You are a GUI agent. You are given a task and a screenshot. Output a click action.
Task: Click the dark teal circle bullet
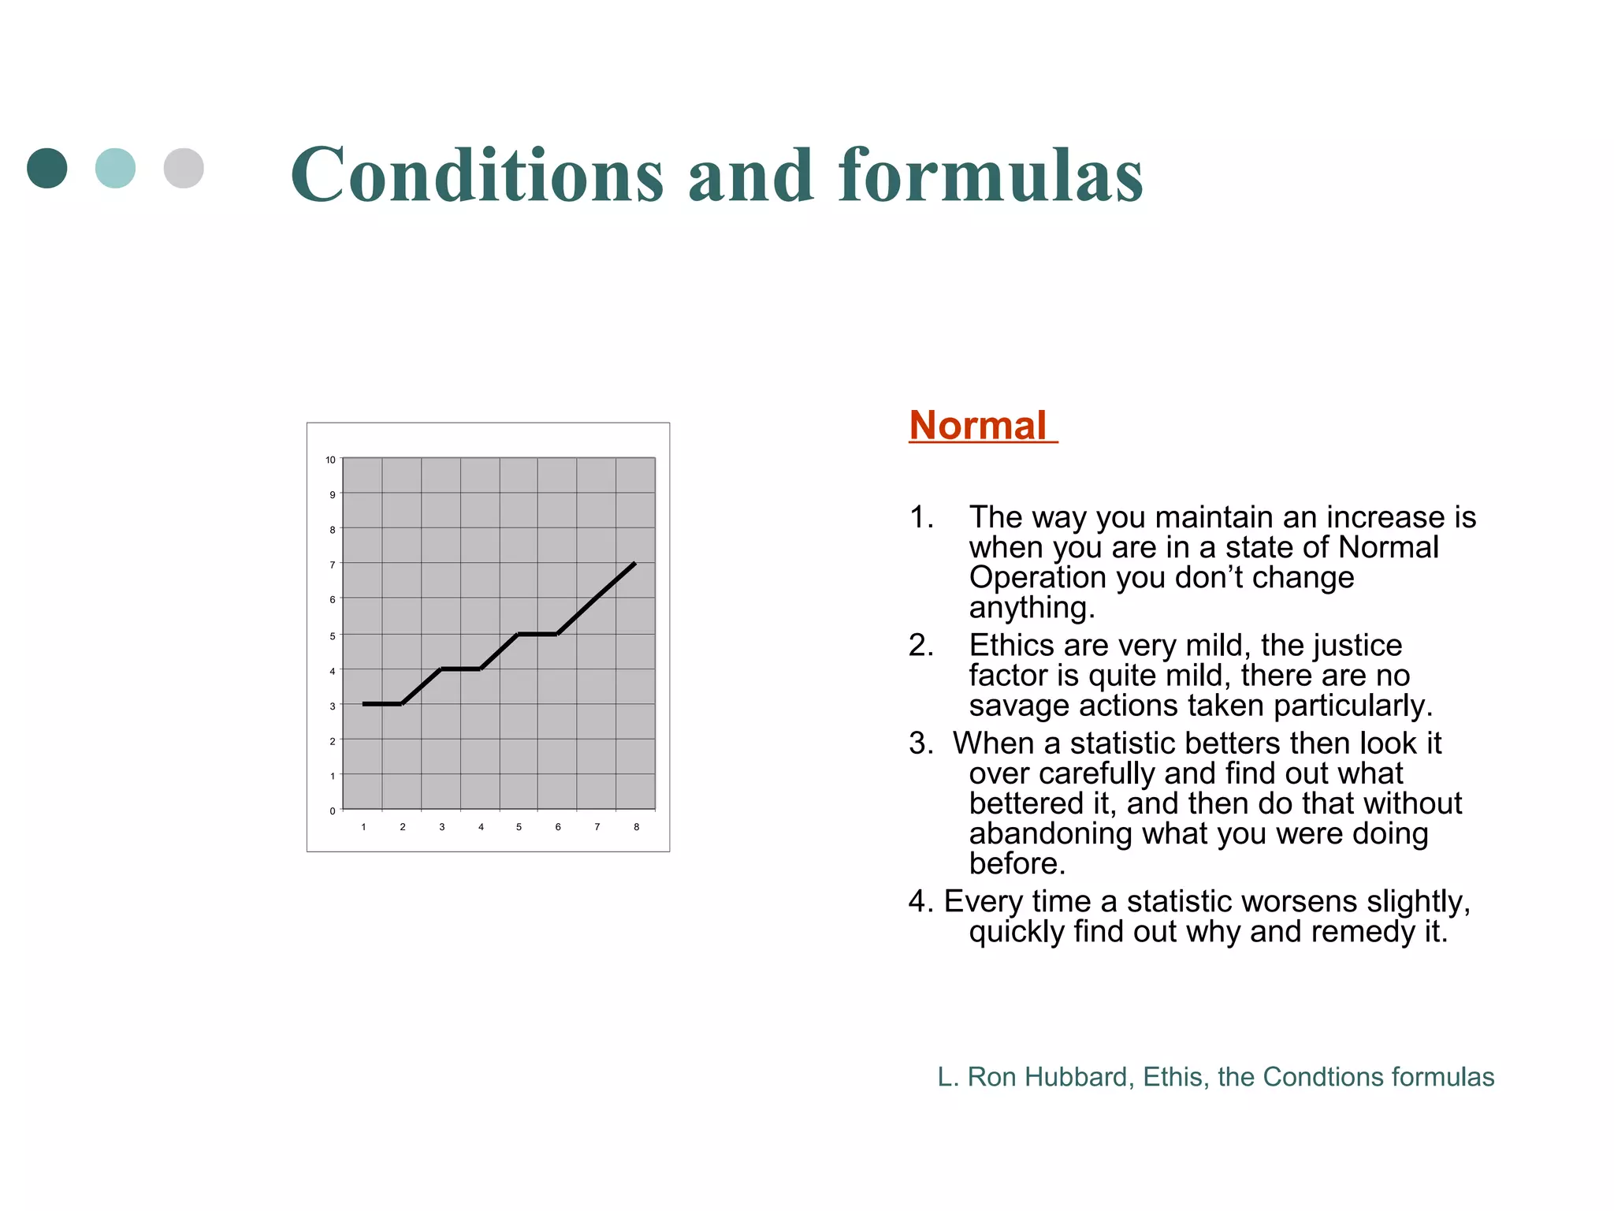pyautogui.click(x=47, y=168)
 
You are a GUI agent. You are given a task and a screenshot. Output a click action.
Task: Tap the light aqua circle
pyautogui.click(x=115, y=168)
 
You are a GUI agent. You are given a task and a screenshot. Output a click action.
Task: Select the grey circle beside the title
pyautogui.click(x=184, y=168)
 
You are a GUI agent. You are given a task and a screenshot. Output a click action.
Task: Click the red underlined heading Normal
pyautogui.click(x=977, y=426)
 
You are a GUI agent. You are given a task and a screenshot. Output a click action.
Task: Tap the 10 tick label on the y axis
pyautogui.click(x=330, y=460)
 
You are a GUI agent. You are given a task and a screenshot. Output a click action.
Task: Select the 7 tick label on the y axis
pyautogui.click(x=333, y=565)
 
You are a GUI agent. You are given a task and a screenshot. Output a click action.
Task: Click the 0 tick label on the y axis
pyautogui.click(x=333, y=810)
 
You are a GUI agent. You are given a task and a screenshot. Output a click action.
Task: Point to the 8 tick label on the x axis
pyautogui.click(x=636, y=827)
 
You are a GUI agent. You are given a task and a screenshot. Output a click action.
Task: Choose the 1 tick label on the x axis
pyautogui.click(x=363, y=827)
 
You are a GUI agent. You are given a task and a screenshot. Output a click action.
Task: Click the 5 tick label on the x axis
pyautogui.click(x=519, y=827)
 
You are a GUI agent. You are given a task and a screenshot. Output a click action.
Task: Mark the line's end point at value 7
pyautogui.click(x=634, y=564)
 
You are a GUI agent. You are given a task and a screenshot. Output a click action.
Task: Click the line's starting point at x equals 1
pyautogui.click(x=364, y=704)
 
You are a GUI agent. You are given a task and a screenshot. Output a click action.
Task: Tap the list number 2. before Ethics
pyautogui.click(x=920, y=646)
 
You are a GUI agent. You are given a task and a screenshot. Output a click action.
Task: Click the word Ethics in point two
pyautogui.click(x=1011, y=646)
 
